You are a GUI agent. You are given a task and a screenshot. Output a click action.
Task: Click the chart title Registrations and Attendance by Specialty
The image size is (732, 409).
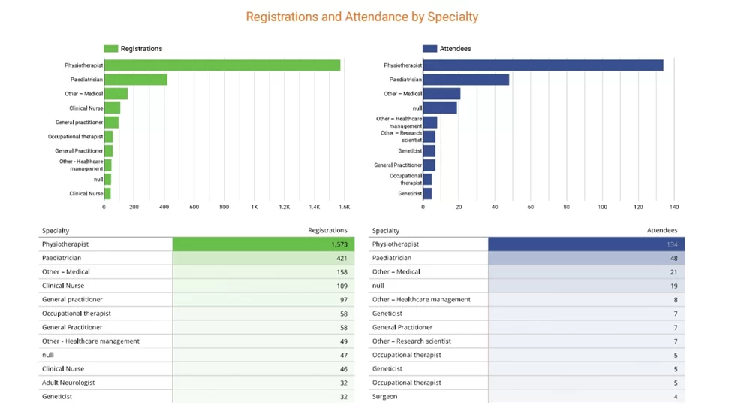pyautogui.click(x=362, y=17)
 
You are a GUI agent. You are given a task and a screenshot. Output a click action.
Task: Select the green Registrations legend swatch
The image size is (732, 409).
pyautogui.click(x=110, y=49)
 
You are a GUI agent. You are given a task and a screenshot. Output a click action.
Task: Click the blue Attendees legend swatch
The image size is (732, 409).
pyautogui.click(x=429, y=49)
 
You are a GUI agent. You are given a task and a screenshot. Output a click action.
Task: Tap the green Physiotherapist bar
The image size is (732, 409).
pyautogui.click(x=222, y=65)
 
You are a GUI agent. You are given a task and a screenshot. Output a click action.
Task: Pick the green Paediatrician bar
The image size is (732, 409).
pyautogui.click(x=136, y=80)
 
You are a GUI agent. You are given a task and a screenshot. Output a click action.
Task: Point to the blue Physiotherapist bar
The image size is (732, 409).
pyautogui.click(x=543, y=65)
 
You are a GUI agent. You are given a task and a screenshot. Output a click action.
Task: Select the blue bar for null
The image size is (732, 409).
pyautogui.click(x=440, y=108)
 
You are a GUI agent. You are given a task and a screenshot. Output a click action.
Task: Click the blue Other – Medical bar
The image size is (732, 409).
pyautogui.click(x=441, y=94)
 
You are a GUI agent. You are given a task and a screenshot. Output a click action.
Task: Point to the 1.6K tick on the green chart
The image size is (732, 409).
pyautogui.click(x=345, y=207)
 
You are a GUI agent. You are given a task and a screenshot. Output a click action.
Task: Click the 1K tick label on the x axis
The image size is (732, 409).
pyautogui.click(x=255, y=207)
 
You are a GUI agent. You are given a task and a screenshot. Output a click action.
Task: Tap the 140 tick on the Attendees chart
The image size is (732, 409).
pyautogui.click(x=674, y=207)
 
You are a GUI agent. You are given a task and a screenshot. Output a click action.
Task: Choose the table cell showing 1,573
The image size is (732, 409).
pyautogui.click(x=339, y=244)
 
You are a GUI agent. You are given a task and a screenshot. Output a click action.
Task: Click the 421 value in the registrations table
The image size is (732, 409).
pyautogui.click(x=342, y=258)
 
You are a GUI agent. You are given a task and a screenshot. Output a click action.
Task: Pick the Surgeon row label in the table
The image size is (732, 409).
pyautogui.click(x=384, y=396)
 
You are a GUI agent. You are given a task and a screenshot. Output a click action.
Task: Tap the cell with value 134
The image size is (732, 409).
pyautogui.click(x=671, y=244)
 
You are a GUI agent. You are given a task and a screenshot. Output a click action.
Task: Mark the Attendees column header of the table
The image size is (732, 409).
pyautogui.click(x=661, y=231)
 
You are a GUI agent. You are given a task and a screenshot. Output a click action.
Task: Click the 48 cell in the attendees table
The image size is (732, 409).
pyautogui.click(x=673, y=258)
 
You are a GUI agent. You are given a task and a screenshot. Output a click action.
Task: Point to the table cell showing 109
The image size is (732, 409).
pyautogui.click(x=342, y=286)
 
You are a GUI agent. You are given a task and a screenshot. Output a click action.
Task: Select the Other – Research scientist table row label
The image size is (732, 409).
pyautogui.click(x=411, y=341)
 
